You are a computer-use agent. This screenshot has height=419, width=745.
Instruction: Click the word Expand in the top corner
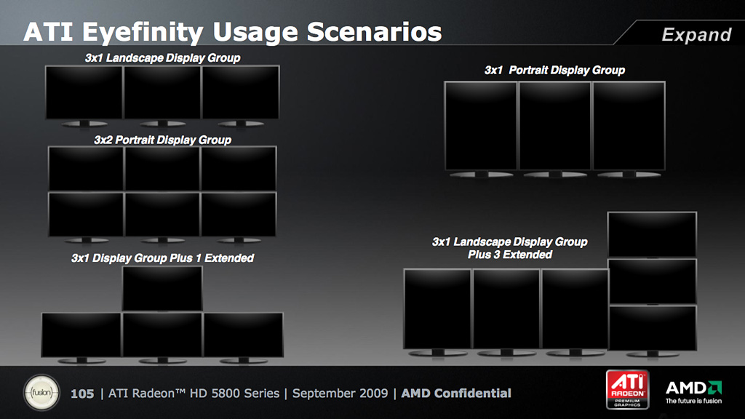pos(696,35)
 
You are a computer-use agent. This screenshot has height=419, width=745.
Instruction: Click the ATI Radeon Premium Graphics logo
pos(627,390)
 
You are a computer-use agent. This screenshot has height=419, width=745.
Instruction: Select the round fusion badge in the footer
pos(41,393)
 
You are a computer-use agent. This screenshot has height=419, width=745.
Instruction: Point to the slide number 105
pos(82,394)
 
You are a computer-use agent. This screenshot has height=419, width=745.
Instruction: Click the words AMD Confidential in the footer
pos(456,394)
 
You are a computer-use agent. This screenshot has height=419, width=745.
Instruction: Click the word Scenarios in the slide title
pos(375,32)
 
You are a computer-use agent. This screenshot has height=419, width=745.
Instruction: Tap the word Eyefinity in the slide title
pos(143,33)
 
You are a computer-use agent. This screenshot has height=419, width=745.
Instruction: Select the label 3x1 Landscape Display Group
pos(162,58)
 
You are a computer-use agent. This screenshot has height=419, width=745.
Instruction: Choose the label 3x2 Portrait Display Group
pos(162,140)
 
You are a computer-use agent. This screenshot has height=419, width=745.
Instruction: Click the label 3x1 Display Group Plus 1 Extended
pos(162,258)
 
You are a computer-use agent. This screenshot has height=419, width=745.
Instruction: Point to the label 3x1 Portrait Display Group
pos(554,71)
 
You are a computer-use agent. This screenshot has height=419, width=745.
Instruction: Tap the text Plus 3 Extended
pos(510,255)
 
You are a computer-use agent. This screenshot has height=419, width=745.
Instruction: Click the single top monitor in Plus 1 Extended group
pos(162,288)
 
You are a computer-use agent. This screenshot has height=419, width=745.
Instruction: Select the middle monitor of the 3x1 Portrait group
pos(554,126)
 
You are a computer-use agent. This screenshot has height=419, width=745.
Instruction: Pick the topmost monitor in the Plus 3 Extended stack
pos(653,235)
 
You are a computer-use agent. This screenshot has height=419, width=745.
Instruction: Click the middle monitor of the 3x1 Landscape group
pos(162,92)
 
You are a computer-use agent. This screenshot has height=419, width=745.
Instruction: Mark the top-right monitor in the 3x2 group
pos(239,169)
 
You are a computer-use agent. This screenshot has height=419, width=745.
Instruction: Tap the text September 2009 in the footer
pos(340,394)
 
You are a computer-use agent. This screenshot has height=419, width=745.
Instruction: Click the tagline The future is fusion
pos(693,401)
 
